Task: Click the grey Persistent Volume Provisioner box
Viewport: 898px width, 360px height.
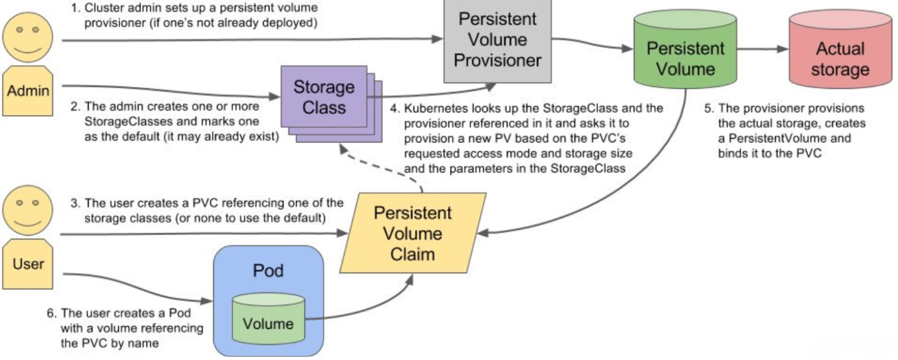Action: click(x=497, y=41)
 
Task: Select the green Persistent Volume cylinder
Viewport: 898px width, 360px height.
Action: click(x=685, y=49)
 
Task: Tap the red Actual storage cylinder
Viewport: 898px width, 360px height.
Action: click(x=841, y=49)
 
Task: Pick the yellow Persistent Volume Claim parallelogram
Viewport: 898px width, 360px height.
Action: click(x=413, y=233)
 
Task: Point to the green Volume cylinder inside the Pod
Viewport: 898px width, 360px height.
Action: click(x=268, y=319)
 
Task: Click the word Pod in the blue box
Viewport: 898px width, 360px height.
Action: click(x=268, y=271)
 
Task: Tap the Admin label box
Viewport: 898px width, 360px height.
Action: click(x=27, y=91)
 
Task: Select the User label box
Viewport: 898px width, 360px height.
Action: click(x=27, y=264)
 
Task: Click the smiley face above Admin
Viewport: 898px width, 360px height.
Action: click(x=27, y=37)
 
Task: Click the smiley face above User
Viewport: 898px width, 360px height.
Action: click(x=27, y=210)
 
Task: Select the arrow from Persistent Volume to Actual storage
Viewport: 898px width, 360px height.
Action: click(x=763, y=49)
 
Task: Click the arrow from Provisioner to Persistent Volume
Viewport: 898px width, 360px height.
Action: click(x=592, y=43)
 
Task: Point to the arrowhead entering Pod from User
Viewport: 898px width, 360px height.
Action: click(x=207, y=301)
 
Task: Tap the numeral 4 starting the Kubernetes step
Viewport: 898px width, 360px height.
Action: click(x=394, y=108)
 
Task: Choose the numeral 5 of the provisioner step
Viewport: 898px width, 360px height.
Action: click(x=709, y=108)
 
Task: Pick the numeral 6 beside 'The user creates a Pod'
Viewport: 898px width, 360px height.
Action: click(x=51, y=313)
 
